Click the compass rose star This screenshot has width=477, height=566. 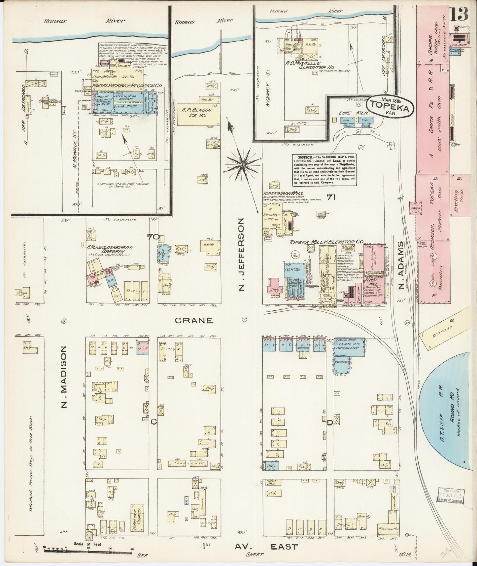(x=243, y=164)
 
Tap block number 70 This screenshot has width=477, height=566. (x=153, y=237)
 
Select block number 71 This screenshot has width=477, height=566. (x=330, y=197)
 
